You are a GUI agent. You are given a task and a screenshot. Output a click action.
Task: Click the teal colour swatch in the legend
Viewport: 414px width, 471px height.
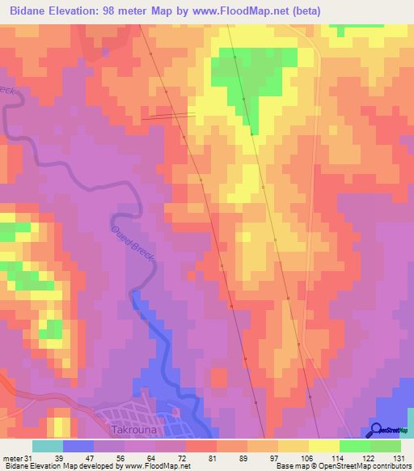click(x=48, y=446)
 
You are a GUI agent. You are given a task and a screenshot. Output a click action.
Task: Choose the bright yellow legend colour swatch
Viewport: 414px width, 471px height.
click(x=323, y=446)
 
